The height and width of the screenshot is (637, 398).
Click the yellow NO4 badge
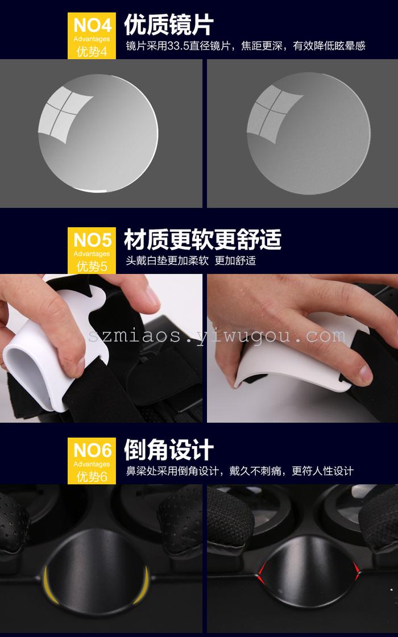(x=92, y=36)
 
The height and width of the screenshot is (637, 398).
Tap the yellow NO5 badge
(x=92, y=250)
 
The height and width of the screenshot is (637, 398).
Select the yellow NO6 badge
(x=92, y=461)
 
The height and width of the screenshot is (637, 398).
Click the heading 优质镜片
(x=169, y=25)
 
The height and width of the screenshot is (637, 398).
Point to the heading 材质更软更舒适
(x=202, y=239)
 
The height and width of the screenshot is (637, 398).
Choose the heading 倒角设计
(x=169, y=449)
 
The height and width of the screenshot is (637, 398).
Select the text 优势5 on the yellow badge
(x=92, y=267)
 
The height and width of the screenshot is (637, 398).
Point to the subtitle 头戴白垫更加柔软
(x=167, y=260)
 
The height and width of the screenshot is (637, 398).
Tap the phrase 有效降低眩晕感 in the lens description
(x=329, y=46)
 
